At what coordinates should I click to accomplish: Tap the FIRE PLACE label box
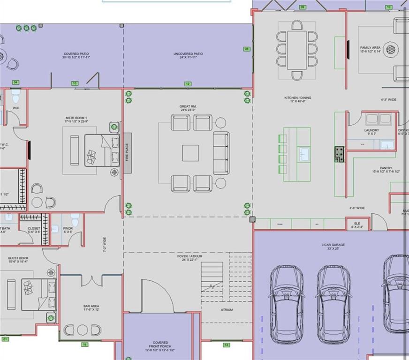[127, 153]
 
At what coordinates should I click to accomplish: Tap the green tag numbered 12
[188, 84]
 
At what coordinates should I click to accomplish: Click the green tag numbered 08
[247, 49]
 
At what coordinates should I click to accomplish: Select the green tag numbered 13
[227, 345]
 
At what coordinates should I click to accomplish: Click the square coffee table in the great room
[190, 153]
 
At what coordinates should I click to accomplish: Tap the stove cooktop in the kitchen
[339, 154]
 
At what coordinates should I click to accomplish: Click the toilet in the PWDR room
[75, 219]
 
